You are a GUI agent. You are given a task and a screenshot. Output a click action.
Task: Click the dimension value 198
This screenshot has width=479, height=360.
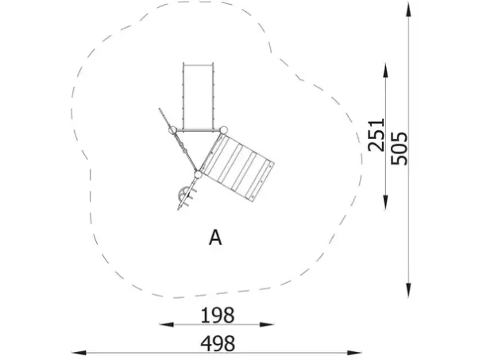(x=218, y=315)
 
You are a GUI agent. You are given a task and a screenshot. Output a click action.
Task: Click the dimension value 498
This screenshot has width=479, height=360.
(x=218, y=343)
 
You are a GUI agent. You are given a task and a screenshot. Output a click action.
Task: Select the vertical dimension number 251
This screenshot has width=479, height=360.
(x=376, y=135)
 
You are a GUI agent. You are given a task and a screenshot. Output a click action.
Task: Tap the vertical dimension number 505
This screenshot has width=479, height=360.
(x=400, y=149)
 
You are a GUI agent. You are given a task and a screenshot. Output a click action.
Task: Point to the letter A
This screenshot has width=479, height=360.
(x=215, y=238)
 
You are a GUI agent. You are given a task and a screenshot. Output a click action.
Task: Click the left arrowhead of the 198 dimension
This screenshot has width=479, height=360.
(x=166, y=324)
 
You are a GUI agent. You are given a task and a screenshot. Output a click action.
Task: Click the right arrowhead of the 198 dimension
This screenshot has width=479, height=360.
(x=267, y=324)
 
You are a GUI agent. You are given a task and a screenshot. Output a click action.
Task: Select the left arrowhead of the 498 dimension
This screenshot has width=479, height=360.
(x=79, y=353)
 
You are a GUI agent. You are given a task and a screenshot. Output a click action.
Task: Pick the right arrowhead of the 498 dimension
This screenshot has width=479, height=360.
(x=354, y=353)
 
